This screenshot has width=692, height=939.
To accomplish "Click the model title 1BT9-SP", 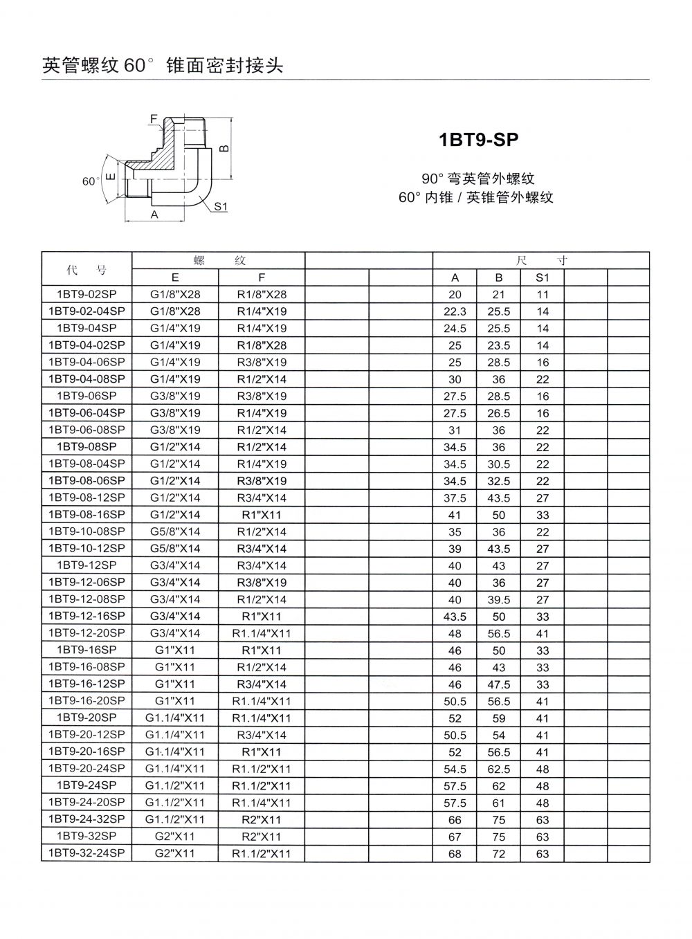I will tap(478, 140).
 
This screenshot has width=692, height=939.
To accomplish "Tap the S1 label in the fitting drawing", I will tap(221, 206).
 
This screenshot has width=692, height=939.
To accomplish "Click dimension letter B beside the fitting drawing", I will tap(224, 148).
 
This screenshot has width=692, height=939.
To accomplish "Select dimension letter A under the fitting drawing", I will tap(155, 215).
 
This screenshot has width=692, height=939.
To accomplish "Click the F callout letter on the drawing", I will tap(154, 118).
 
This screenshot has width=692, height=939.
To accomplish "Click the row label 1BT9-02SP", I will tap(86, 294).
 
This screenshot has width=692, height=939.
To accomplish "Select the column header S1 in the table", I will tap(542, 277).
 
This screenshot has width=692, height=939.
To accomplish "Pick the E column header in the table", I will tap(175, 277).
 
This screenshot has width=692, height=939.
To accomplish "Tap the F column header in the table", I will tap(262, 277).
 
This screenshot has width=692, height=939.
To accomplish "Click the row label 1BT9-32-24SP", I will tap(86, 853).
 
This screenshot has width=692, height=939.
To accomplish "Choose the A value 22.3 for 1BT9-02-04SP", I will tap(455, 311).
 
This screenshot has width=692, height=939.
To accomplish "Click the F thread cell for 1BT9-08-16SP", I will tap(262, 515).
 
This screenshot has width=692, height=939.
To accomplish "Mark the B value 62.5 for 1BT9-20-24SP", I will tap(498, 769).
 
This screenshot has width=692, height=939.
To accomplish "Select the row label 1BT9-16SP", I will tap(86, 650).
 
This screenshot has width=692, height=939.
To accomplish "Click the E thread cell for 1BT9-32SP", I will tap(175, 837).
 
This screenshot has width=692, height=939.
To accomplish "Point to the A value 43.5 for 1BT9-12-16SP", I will tap(455, 617).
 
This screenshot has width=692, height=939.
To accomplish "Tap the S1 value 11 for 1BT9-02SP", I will tap(542, 295).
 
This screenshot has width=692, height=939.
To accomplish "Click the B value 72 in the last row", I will tap(498, 854).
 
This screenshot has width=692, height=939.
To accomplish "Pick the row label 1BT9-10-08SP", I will tap(86, 531).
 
